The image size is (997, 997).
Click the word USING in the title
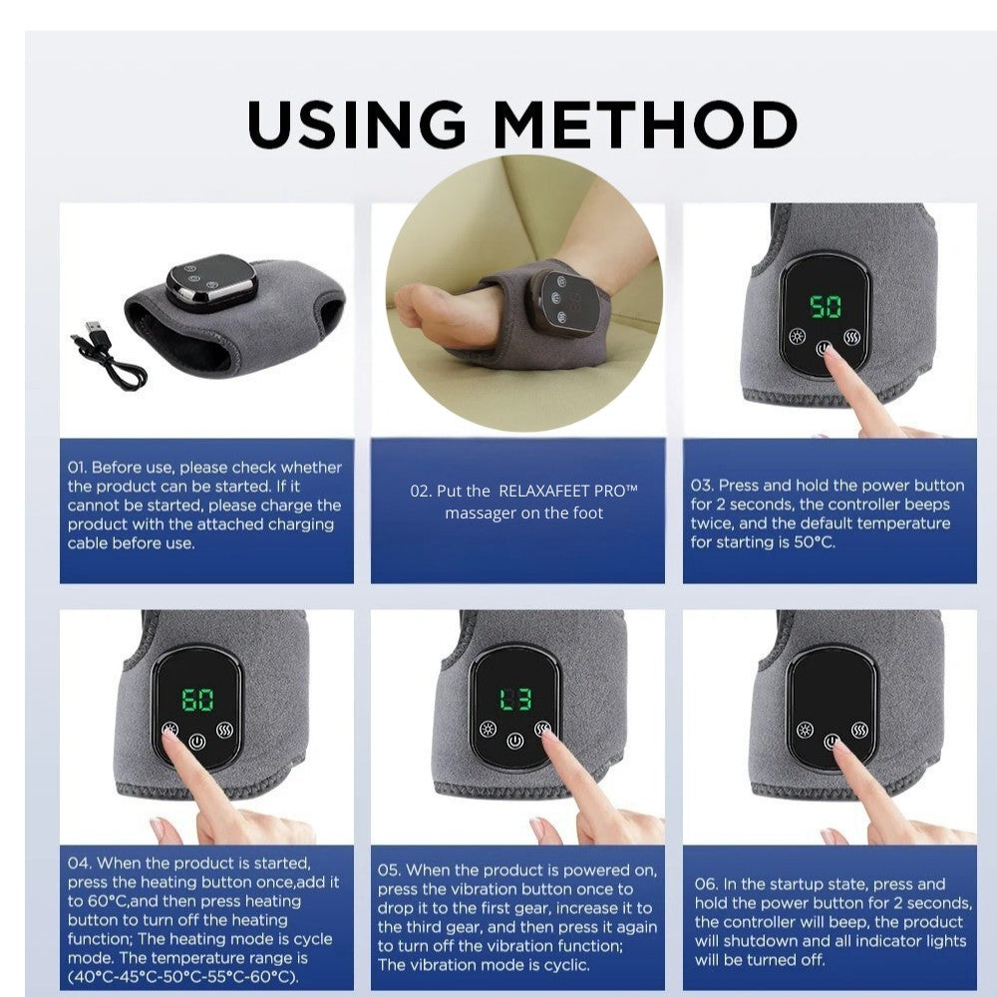click(x=357, y=124)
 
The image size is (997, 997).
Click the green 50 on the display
click(x=826, y=306)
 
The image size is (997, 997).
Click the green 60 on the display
click(x=197, y=700)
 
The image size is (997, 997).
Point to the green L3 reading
click(x=515, y=700)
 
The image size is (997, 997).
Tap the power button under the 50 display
click(x=825, y=348)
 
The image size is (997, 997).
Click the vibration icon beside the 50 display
click(x=852, y=336)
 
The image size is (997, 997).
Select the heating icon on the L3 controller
click(x=488, y=729)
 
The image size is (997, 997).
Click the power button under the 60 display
click(x=197, y=742)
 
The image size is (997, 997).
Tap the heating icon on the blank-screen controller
click(x=805, y=730)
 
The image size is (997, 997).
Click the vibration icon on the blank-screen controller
click(x=859, y=730)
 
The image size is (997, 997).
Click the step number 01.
click(x=77, y=468)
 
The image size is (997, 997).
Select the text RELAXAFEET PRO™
click(x=568, y=492)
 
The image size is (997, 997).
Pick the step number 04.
click(x=80, y=862)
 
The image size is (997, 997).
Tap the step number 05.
click(x=389, y=869)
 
